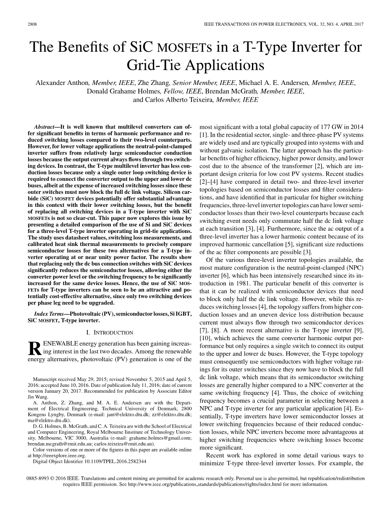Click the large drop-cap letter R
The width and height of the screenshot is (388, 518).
click(34, 348)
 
